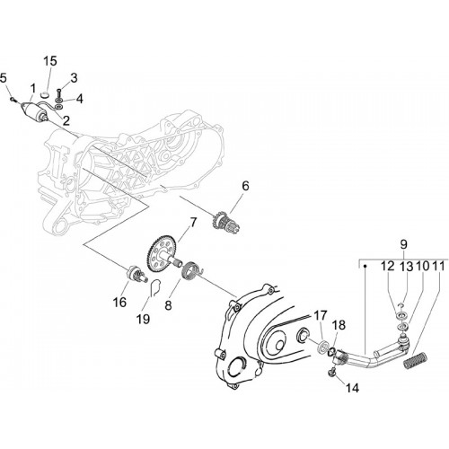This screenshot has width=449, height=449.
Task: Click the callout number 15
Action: point(50,61)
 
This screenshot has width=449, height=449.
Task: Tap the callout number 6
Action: point(245,186)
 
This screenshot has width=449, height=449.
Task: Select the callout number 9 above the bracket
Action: point(403,244)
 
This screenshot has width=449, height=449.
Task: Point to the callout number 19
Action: point(143,319)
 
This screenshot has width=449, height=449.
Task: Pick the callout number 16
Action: point(119,302)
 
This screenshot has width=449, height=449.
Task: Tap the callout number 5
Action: point(4,78)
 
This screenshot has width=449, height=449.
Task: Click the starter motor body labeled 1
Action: point(32,110)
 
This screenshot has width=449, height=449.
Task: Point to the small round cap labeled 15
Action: point(44,95)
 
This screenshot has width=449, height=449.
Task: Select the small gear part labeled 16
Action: point(136,274)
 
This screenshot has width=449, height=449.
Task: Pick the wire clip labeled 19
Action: point(155,287)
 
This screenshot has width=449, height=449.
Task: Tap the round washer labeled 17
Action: point(322,347)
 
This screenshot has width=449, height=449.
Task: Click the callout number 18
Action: point(339,325)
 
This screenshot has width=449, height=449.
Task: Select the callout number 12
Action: point(388,266)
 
